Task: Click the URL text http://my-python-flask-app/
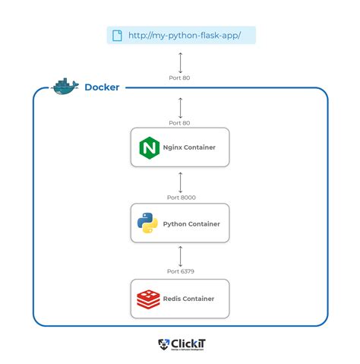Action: [x=185, y=35]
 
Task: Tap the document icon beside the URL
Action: [x=117, y=35]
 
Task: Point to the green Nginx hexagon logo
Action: [x=147, y=147]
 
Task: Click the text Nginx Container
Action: [x=188, y=147]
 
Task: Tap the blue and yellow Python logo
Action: [x=147, y=223]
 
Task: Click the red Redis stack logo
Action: [x=147, y=299]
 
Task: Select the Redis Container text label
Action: [x=188, y=299]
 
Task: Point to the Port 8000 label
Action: [x=180, y=198]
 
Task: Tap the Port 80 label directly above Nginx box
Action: [x=180, y=122]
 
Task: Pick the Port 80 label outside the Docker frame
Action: [x=180, y=77]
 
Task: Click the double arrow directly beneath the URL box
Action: [x=180, y=61]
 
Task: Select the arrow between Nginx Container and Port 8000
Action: [x=180, y=181]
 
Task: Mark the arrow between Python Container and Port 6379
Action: [x=180, y=256]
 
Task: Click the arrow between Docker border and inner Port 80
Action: [x=180, y=106]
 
